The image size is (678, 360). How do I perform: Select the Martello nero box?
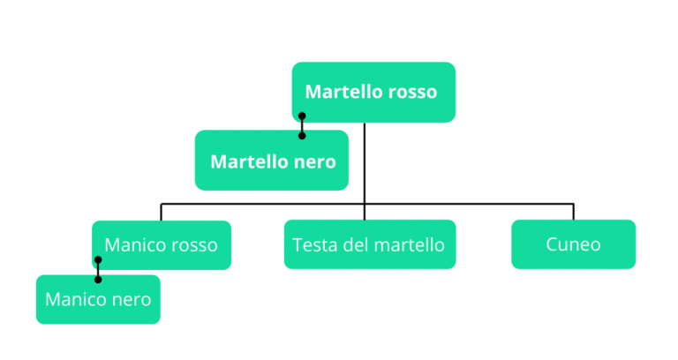272,161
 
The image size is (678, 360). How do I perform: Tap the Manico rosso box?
162,244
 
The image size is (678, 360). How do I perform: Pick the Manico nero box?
98,299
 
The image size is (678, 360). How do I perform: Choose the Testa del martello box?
369,244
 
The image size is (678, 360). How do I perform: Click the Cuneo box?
573,244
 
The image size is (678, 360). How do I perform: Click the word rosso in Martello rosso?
412,92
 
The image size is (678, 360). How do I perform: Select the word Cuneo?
573,244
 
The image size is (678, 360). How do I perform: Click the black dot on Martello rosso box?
302,116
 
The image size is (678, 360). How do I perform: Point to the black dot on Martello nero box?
302,136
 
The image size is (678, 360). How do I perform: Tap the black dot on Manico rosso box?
98,260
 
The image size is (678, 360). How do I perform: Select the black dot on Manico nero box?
98,280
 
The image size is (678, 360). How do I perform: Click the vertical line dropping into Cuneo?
573,212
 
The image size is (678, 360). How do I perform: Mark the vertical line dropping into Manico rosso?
161,213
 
